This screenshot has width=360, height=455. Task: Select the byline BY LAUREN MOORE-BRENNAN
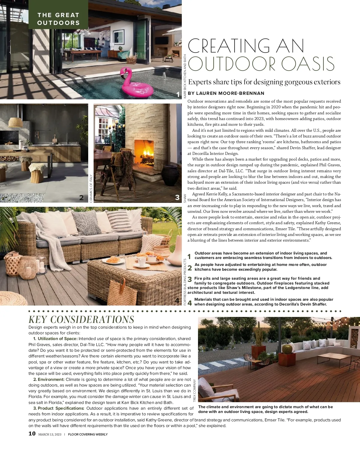226,93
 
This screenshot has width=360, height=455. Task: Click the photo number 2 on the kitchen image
81,197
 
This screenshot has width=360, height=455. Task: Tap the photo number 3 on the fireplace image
177,197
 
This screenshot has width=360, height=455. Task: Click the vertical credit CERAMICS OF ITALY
91,188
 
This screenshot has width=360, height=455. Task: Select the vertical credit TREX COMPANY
194,390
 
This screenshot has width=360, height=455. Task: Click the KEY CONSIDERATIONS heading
81,319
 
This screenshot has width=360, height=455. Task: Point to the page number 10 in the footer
32,434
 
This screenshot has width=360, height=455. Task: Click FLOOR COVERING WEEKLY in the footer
88,434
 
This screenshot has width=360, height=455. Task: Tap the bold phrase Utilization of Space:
58,339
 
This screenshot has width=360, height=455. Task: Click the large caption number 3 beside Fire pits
190,280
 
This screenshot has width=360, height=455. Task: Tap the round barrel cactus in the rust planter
287,349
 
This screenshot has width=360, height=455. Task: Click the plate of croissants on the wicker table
113,260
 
